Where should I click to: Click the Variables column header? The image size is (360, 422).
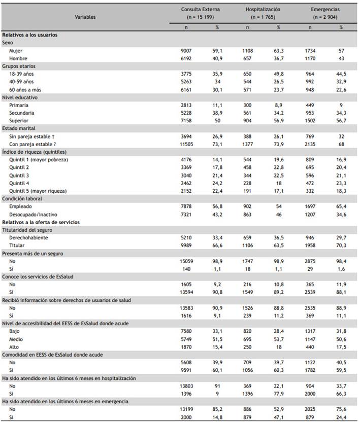pyautogui.click(x=85, y=17)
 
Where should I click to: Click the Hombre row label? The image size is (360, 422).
pyautogui.click(x=18, y=58)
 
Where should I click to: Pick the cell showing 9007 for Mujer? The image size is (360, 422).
pyautogui.click(x=186, y=51)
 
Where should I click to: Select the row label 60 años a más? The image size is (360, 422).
pyautogui.click(x=25, y=90)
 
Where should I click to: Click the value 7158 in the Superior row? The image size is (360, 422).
pyautogui.click(x=186, y=121)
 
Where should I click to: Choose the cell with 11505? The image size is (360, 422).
pyautogui.click(x=186, y=144)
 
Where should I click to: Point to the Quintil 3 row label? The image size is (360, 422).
pyautogui.click(x=19, y=175)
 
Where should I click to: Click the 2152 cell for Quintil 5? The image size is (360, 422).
pyautogui.click(x=186, y=191)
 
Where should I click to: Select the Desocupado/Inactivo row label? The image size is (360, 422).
pyautogui.click(x=33, y=215)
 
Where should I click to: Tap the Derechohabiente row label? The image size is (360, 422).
pyautogui.click(x=28, y=238)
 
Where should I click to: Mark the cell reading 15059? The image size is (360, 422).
pyautogui.click(x=186, y=261)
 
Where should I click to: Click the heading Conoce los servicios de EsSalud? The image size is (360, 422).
pyautogui.click(x=38, y=276)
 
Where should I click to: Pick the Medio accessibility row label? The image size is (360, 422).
pyautogui.click(x=16, y=339)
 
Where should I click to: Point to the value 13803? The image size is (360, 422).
pyautogui.click(x=186, y=386)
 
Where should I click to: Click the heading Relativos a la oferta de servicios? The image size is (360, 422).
pyautogui.click(x=41, y=222)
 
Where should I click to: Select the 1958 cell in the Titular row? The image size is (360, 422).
pyautogui.click(x=310, y=245)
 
